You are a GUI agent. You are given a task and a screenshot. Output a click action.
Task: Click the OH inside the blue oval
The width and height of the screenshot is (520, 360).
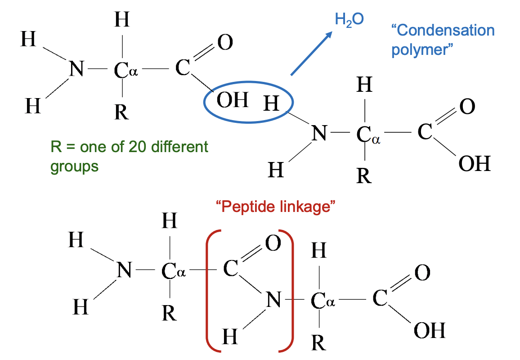tap(232, 100)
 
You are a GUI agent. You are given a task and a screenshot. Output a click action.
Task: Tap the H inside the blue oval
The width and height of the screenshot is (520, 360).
tap(271, 104)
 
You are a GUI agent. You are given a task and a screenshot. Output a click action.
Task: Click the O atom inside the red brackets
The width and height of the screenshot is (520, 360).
tap(273, 243)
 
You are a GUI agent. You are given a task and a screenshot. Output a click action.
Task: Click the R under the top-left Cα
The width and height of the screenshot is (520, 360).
tap(121, 112)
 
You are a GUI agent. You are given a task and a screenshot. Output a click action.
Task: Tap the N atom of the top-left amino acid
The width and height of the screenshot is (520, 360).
tap(76, 70)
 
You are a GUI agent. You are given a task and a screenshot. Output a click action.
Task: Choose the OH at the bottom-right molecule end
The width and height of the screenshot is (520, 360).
tap(429, 331)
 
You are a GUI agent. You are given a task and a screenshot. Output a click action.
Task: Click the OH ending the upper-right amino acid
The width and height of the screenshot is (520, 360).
tap(474, 163)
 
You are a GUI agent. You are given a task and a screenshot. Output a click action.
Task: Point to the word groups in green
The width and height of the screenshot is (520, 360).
tap(74, 166)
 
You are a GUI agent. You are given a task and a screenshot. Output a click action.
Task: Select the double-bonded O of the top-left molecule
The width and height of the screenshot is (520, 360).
tap(224, 43)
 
